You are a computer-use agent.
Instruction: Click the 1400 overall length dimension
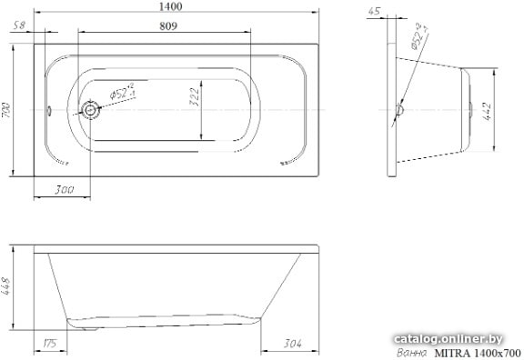(x=170, y=6)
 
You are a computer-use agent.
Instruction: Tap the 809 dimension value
(x=168, y=26)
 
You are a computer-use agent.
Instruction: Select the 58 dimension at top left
(x=20, y=25)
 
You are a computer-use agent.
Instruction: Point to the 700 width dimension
(x=6, y=110)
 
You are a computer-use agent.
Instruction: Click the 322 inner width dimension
(x=195, y=97)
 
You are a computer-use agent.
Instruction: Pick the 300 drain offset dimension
(x=65, y=190)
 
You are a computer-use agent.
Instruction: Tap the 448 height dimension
(x=6, y=286)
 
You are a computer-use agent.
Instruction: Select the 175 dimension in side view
(x=50, y=344)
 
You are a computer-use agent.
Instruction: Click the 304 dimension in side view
(x=292, y=344)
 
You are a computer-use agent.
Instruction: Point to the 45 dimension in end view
(x=374, y=11)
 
